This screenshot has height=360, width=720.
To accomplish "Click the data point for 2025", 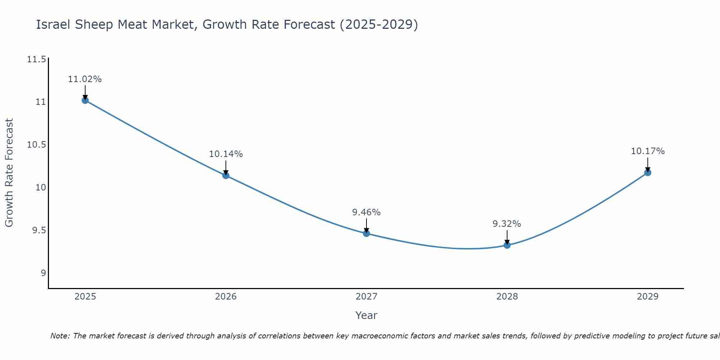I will point(85,100).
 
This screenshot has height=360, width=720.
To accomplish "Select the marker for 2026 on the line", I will point(226,175).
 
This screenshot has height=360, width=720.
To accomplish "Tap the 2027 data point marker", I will point(366,233).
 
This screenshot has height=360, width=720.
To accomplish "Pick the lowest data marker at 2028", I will point(507,245).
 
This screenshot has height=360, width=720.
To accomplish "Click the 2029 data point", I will point(647,172).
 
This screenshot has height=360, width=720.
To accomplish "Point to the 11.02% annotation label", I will point(85,79).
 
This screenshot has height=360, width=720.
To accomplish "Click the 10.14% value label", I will point(226,154).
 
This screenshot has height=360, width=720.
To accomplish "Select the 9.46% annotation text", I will point(366,212).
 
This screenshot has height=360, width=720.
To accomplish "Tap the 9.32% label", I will point(507,224).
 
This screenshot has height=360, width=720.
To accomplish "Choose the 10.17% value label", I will point(647,151).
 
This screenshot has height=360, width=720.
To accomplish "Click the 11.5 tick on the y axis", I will point(36,59).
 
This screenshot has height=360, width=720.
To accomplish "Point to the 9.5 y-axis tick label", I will point(39,230).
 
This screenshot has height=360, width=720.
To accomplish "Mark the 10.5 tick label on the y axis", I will point(36,145).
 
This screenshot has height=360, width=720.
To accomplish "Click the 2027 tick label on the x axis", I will point(366,297).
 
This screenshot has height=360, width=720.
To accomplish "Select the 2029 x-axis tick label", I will point(647,297).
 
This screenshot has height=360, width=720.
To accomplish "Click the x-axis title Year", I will point(366,315).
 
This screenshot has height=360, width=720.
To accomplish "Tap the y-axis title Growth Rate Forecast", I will point(9,173).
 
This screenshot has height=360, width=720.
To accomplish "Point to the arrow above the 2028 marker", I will point(507,237).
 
